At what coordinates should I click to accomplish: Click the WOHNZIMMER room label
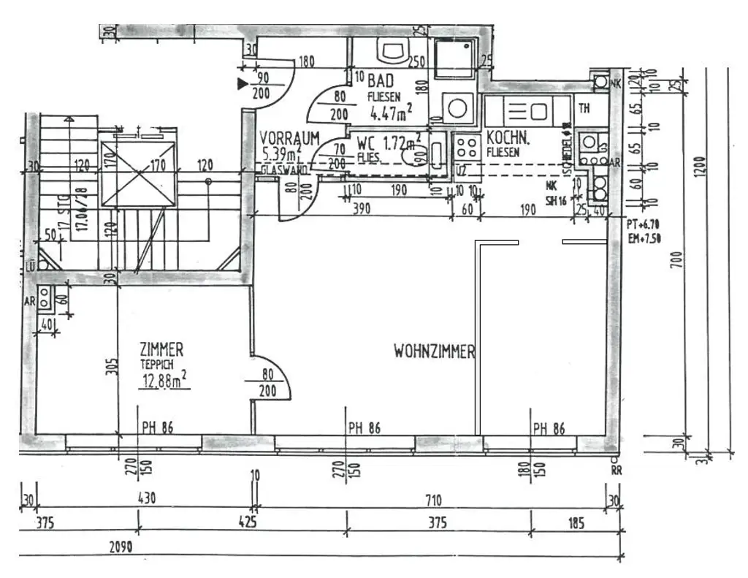pyautogui.click(x=434, y=352)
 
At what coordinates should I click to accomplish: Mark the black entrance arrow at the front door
pyautogui.click(x=243, y=84)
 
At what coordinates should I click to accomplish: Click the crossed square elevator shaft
pyautogui.click(x=139, y=174)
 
